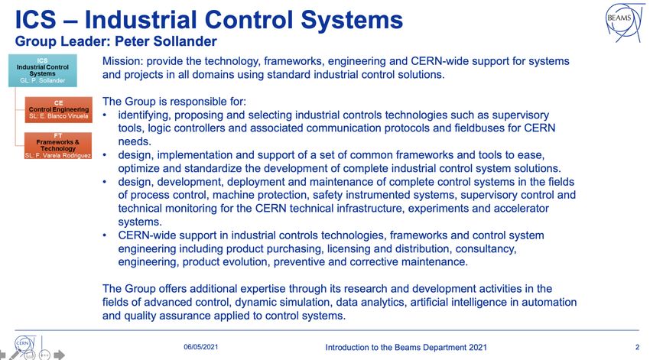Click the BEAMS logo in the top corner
623,22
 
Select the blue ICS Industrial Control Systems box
43,70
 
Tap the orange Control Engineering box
58,110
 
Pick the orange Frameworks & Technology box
58,146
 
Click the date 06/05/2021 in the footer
200,347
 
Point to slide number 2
637,347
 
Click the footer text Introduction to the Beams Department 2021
406,348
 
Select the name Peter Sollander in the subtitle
166,41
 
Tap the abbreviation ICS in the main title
36,20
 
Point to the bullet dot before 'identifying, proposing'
105,115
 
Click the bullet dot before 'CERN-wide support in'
105,235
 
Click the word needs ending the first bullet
135,141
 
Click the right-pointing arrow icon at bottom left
60,355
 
